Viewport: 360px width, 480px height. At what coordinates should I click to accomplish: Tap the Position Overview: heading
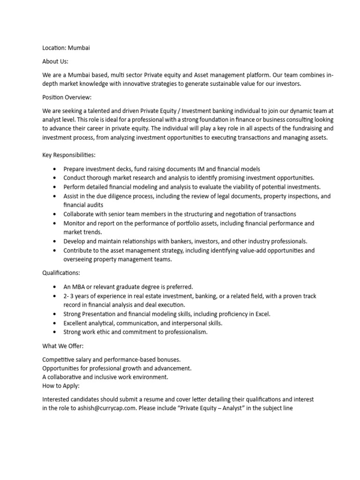pyautogui.click(x=67, y=97)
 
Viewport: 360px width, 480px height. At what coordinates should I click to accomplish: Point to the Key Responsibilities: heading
pyautogui.click(x=69, y=155)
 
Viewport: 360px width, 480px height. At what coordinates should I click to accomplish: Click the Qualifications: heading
pyautogui.click(x=61, y=272)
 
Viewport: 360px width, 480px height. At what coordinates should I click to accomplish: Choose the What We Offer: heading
pyautogui.click(x=63, y=345)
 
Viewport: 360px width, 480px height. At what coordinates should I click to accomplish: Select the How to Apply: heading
pyautogui.click(x=61, y=386)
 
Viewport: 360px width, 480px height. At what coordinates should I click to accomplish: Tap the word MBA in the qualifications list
pyautogui.click(x=81, y=287)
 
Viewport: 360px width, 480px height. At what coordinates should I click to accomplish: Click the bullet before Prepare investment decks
pyautogui.click(x=55, y=169)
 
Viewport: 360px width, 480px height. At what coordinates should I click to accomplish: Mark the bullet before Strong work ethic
pyautogui.click(x=55, y=332)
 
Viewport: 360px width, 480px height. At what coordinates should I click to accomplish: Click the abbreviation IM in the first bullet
pyautogui.click(x=197, y=169)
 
